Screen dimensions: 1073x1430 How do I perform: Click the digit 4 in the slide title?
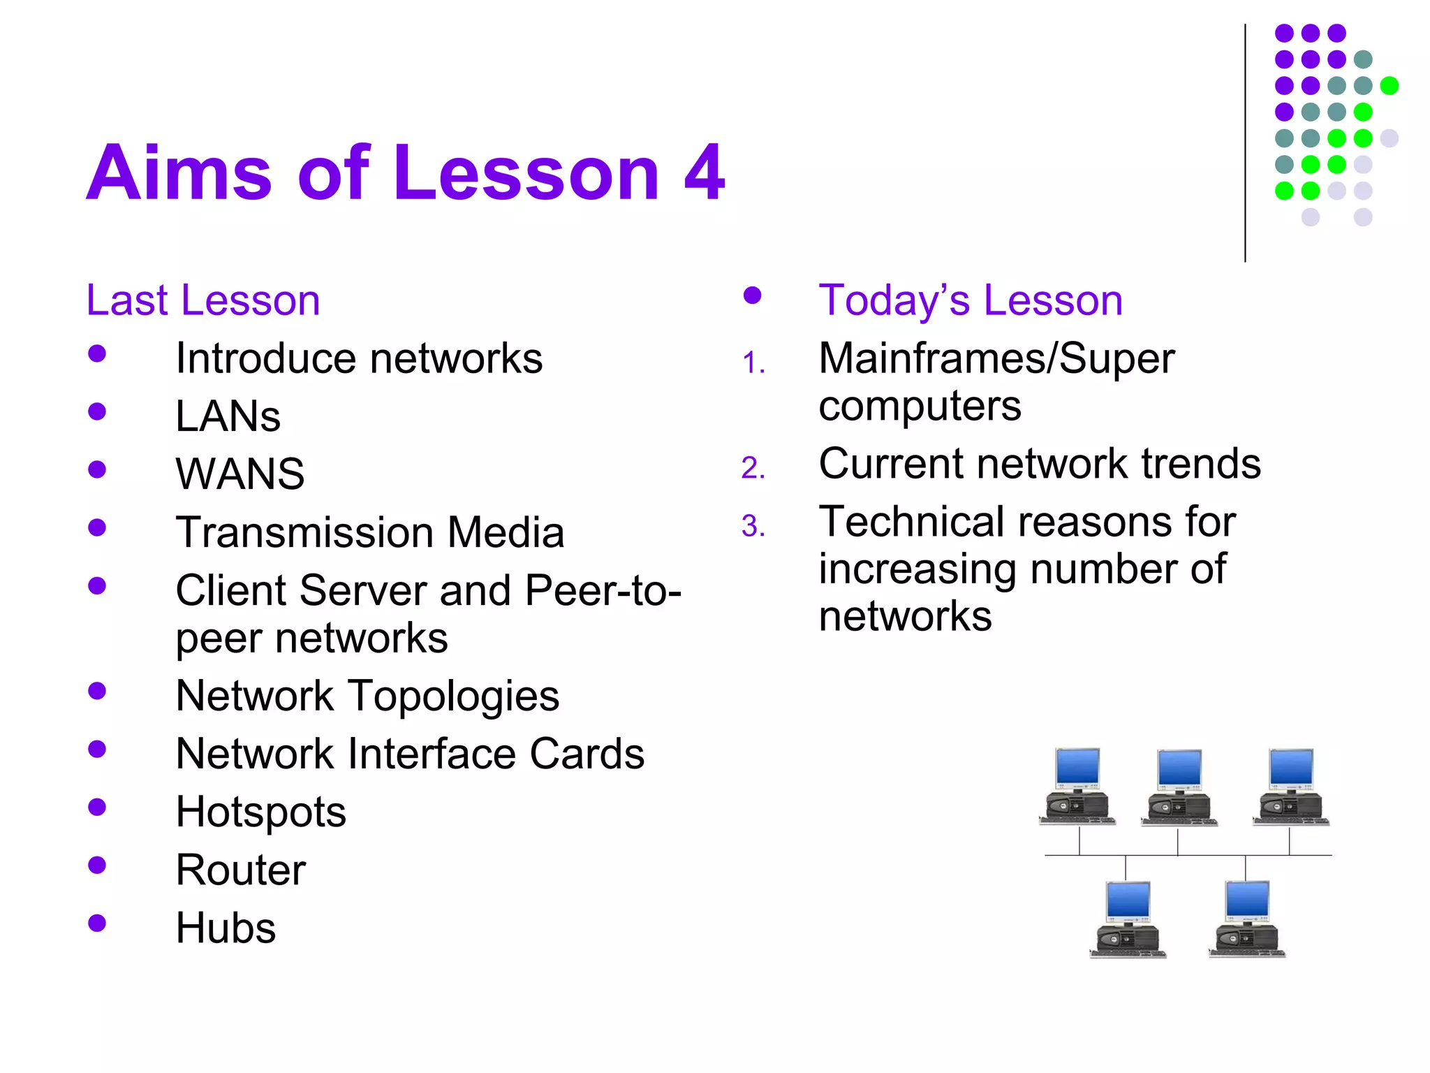click(x=704, y=173)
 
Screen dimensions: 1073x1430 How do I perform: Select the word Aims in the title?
click(x=179, y=173)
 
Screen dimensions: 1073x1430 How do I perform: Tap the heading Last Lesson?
click(x=202, y=300)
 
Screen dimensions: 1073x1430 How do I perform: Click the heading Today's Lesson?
click(x=971, y=300)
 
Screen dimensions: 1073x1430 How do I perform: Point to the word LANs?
click(x=228, y=417)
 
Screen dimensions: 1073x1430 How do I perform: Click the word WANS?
click(x=240, y=474)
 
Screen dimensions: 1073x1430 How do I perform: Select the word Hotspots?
click(x=260, y=812)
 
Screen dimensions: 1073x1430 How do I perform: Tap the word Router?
click(x=241, y=870)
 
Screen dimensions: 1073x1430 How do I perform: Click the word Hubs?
click(x=226, y=928)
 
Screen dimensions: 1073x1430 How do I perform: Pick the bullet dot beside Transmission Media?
click(x=97, y=527)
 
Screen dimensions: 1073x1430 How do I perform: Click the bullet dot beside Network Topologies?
click(x=97, y=691)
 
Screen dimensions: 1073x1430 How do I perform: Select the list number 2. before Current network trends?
click(x=753, y=468)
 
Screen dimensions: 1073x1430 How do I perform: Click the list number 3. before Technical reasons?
click(x=753, y=527)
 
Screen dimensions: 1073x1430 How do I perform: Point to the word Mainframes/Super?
click(x=996, y=359)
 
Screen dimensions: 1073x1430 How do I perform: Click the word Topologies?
click(x=454, y=696)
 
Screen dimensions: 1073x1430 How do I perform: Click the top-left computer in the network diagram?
click(x=1077, y=787)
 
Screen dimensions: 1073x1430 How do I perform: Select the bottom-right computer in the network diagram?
click(x=1247, y=919)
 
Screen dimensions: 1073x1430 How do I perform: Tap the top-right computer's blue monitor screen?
click(x=1291, y=767)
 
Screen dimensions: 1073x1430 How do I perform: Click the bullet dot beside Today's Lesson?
click(x=752, y=295)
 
